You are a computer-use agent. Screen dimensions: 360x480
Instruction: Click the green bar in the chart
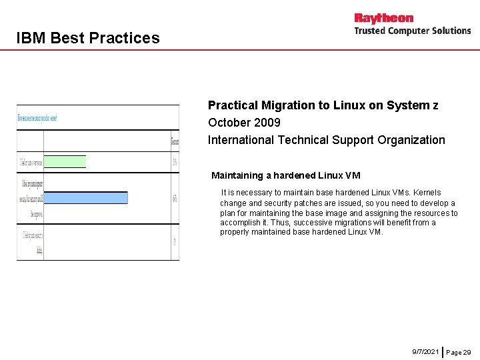tap(65, 161)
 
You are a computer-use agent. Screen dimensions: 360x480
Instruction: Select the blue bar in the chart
tap(85, 197)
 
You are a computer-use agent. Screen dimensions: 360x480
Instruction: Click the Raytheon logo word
tap(384, 18)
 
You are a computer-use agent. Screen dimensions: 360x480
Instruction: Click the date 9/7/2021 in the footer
tap(425, 351)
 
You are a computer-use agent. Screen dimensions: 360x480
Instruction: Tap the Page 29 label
tap(458, 351)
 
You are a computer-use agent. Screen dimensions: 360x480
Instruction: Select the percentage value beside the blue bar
tap(175, 198)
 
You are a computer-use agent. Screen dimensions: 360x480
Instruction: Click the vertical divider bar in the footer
tap(443, 351)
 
